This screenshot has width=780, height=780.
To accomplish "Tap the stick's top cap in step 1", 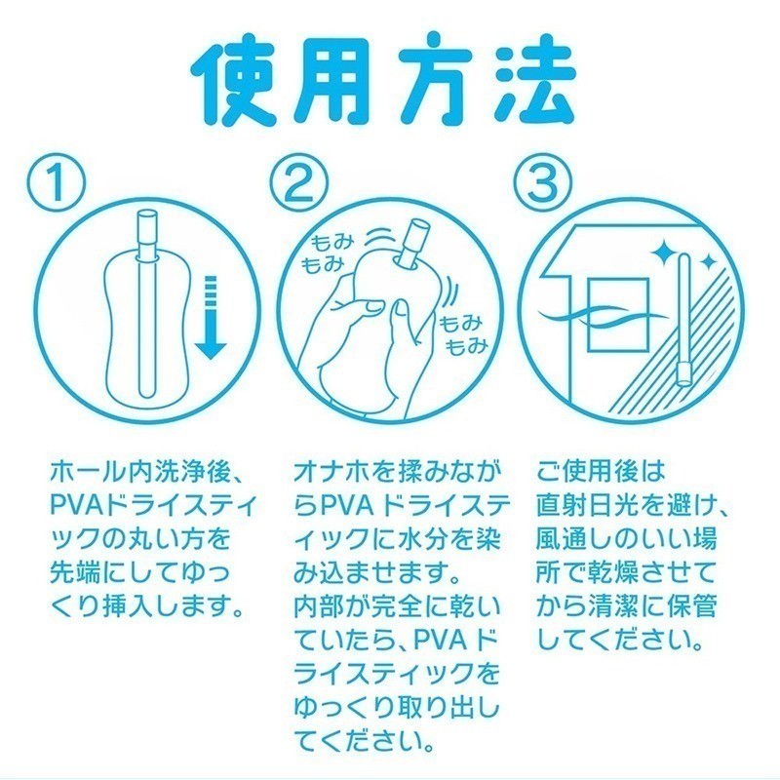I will tap(149, 229).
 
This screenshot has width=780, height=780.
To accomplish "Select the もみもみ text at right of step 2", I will tap(459, 332).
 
